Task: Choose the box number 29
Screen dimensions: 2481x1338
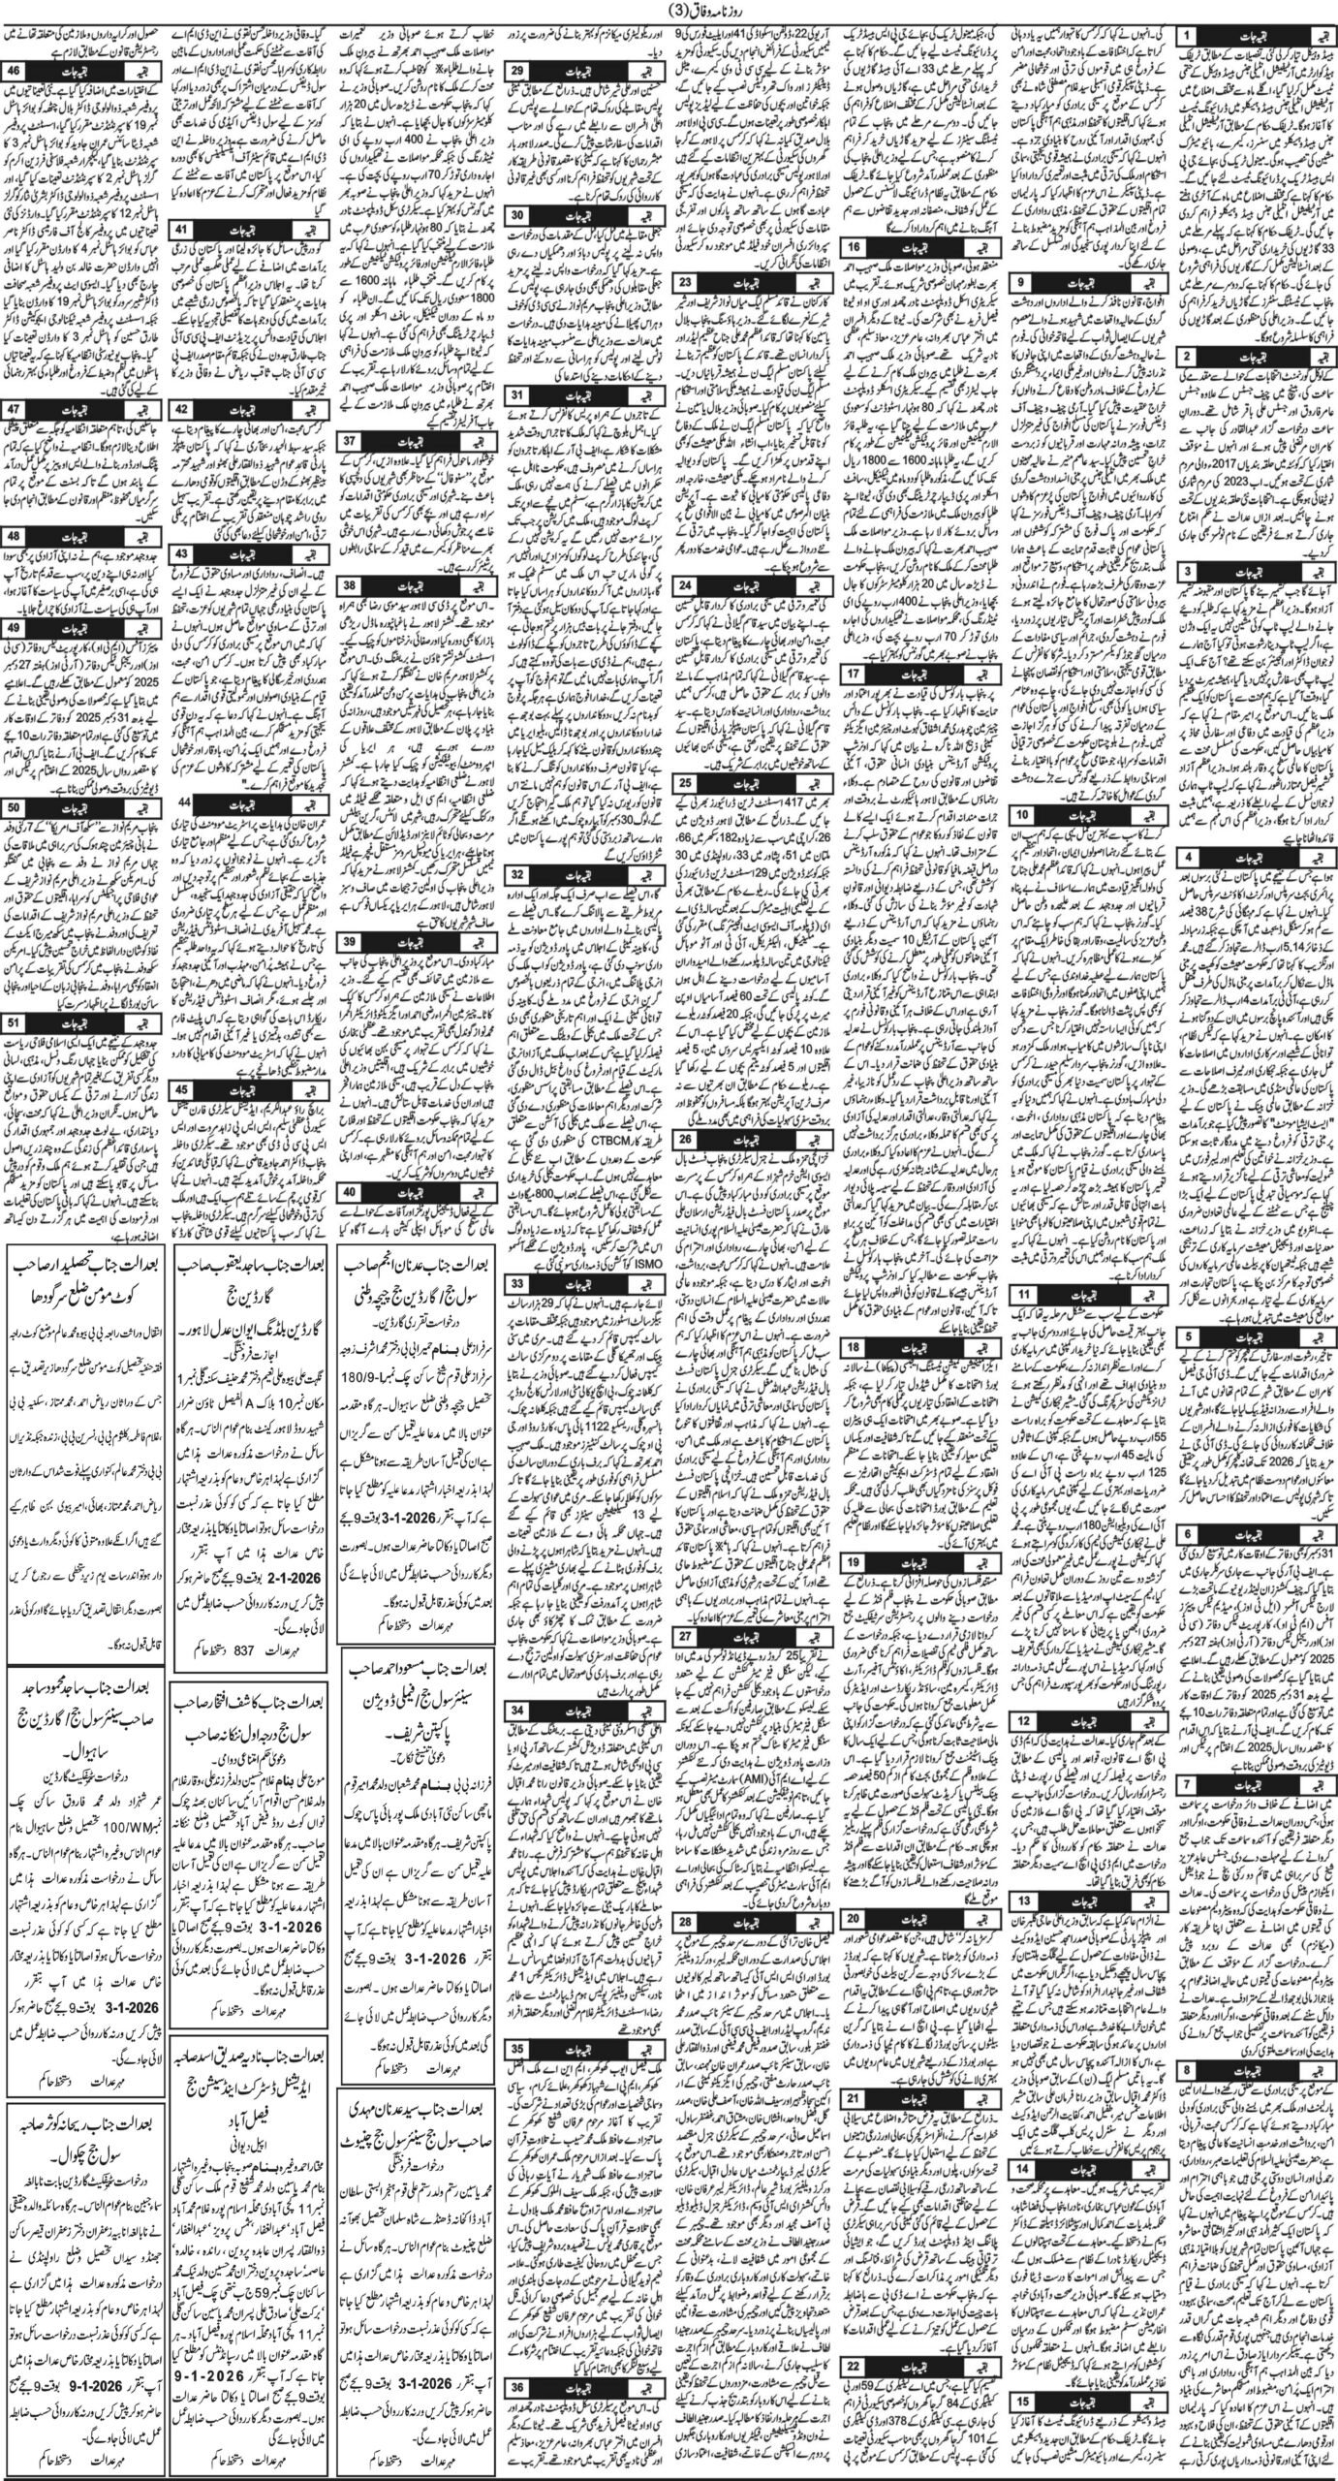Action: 518,71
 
